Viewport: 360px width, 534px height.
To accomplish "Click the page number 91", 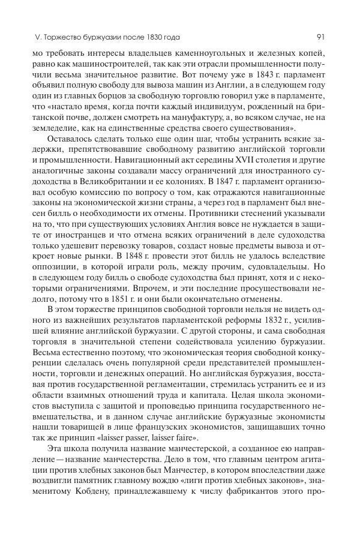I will point(321,37).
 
